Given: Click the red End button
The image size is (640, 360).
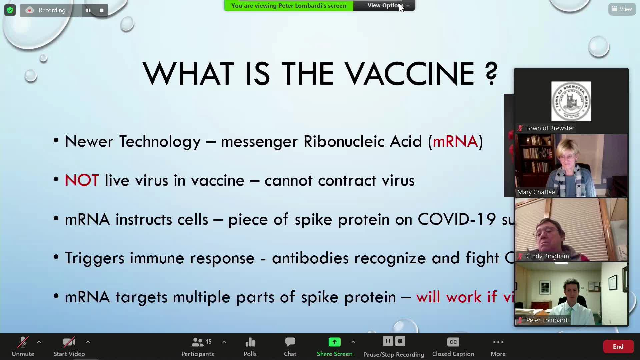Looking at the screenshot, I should tap(618, 347).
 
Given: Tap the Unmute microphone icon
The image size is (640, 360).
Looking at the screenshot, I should tap(23, 342).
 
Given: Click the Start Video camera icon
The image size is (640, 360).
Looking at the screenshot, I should tap(69, 342).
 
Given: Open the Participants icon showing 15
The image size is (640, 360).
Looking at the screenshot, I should tap(198, 342).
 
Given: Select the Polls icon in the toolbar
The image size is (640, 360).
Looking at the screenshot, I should tap(250, 342).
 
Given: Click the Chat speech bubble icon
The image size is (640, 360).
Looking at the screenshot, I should tap(290, 342).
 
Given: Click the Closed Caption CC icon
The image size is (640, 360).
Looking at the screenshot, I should tap(453, 342).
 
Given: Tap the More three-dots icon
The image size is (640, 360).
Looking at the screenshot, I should tap(498, 342).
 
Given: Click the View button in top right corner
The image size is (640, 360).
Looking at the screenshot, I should tap(622, 9).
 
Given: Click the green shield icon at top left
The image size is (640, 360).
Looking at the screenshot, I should tap(10, 10).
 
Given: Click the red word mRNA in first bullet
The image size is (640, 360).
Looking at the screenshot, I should tap(455, 141).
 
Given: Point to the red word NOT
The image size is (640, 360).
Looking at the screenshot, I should tap(82, 180).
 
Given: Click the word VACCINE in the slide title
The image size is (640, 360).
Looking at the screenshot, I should tap(409, 74).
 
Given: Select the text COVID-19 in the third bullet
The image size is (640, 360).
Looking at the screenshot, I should tap(456, 219).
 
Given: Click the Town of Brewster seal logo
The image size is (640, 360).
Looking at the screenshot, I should tap(571, 101).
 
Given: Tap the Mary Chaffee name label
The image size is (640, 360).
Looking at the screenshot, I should tap(536, 192).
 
